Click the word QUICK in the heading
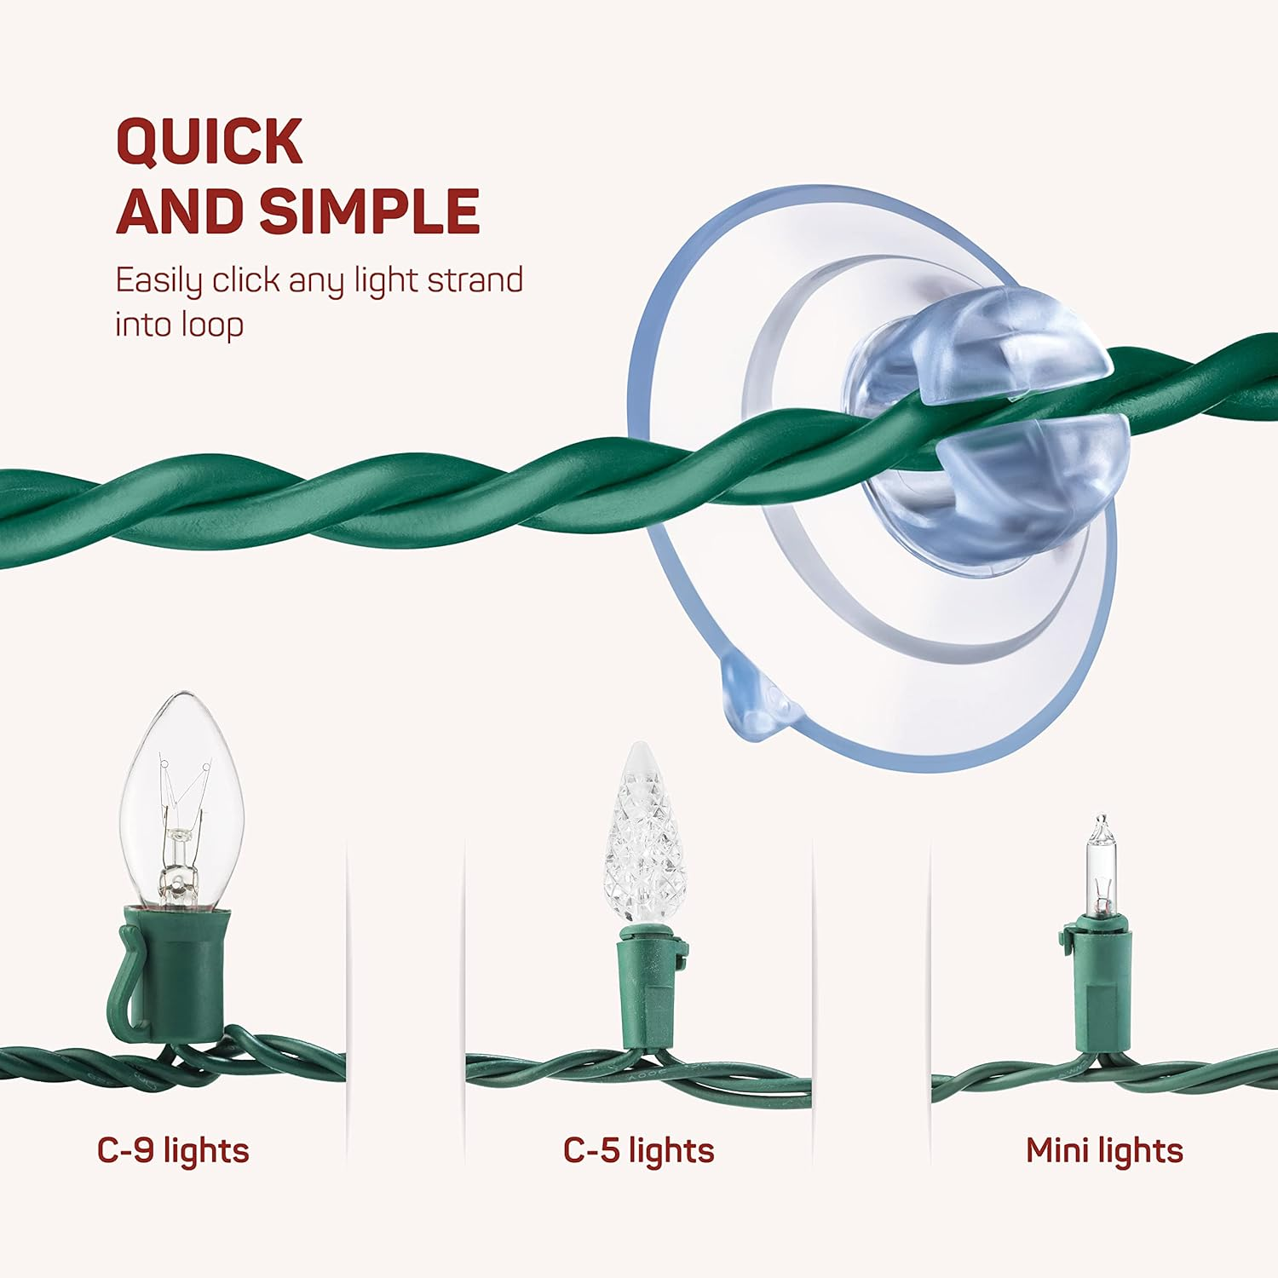210,141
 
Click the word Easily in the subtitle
158,281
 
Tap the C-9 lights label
173,1150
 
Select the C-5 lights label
638,1150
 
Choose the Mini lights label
1104,1150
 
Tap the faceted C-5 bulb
644,835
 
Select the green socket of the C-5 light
648,988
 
